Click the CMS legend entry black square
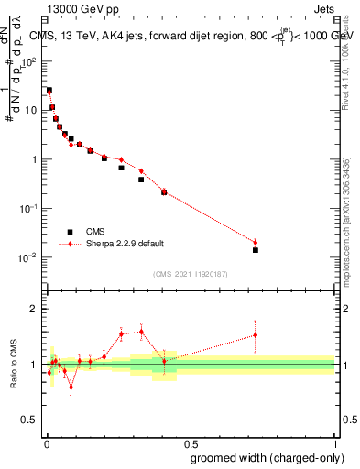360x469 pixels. [70, 232]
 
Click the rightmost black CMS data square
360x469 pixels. [256, 250]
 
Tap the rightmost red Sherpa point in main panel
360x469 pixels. [256, 242]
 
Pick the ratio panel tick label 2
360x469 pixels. [34, 309]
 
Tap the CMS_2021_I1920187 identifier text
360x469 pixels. [190, 274]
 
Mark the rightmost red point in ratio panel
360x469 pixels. [256, 335]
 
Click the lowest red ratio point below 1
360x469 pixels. [71, 387]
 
